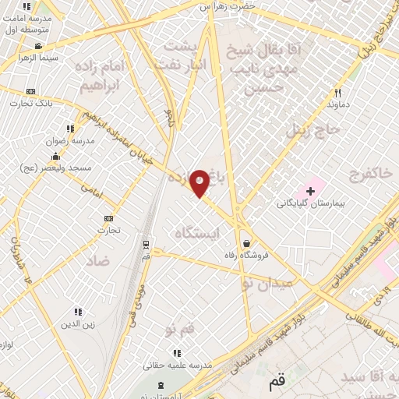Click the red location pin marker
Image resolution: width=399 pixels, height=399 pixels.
(200, 182)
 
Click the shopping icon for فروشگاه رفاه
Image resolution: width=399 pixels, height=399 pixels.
(246, 242)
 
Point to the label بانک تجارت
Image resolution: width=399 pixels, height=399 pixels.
(32, 104)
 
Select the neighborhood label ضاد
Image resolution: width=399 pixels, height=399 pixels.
(98, 260)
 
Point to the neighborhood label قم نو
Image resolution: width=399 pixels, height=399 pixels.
(179, 331)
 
